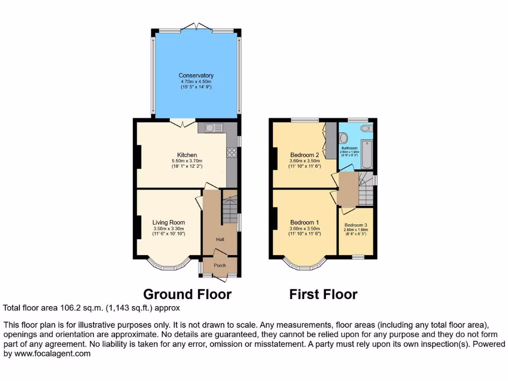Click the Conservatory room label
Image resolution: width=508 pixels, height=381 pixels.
click(196, 75)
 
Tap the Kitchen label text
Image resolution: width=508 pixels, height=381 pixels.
click(187, 155)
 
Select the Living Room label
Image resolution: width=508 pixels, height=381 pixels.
click(169, 222)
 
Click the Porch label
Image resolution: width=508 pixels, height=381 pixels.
click(220, 265)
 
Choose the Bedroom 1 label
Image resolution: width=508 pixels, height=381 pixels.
click(304, 222)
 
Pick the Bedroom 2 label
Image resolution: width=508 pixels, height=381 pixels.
click(304, 155)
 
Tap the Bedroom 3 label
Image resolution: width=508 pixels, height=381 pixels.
click(356, 224)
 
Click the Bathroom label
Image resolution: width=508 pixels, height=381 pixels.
click(349, 148)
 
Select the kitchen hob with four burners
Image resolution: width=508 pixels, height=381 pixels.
click(232, 153)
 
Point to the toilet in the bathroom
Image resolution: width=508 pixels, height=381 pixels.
click(366, 128)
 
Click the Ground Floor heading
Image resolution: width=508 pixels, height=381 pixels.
click(188, 294)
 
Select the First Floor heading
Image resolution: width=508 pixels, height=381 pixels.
click(323, 294)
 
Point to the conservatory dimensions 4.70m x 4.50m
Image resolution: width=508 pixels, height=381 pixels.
click(196, 81)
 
